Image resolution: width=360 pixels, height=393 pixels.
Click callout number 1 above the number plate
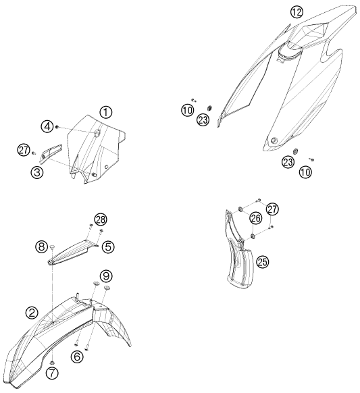click(106, 113)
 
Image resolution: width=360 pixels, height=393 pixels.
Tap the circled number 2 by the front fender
click(32, 313)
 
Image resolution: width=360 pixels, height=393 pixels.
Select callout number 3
click(37, 172)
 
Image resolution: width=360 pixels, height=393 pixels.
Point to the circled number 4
click(47, 126)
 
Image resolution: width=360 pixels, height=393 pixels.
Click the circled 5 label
click(108, 247)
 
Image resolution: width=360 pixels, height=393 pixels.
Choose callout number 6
click(77, 356)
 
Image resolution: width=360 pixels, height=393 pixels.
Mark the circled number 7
click(52, 373)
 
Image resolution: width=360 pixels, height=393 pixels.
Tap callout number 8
click(42, 246)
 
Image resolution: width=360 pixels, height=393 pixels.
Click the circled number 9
click(106, 276)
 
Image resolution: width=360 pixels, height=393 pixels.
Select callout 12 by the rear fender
click(297, 12)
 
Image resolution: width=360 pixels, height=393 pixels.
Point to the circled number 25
click(262, 262)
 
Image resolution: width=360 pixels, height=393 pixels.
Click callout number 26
click(256, 218)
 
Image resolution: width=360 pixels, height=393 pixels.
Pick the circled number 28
click(101, 220)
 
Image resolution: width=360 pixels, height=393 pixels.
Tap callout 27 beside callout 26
click(272, 209)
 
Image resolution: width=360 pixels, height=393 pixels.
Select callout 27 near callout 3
click(24, 150)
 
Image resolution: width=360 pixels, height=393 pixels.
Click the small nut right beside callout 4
click(57, 128)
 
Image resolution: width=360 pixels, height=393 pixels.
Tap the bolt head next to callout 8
click(53, 247)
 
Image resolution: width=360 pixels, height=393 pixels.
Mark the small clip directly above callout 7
click(53, 362)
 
